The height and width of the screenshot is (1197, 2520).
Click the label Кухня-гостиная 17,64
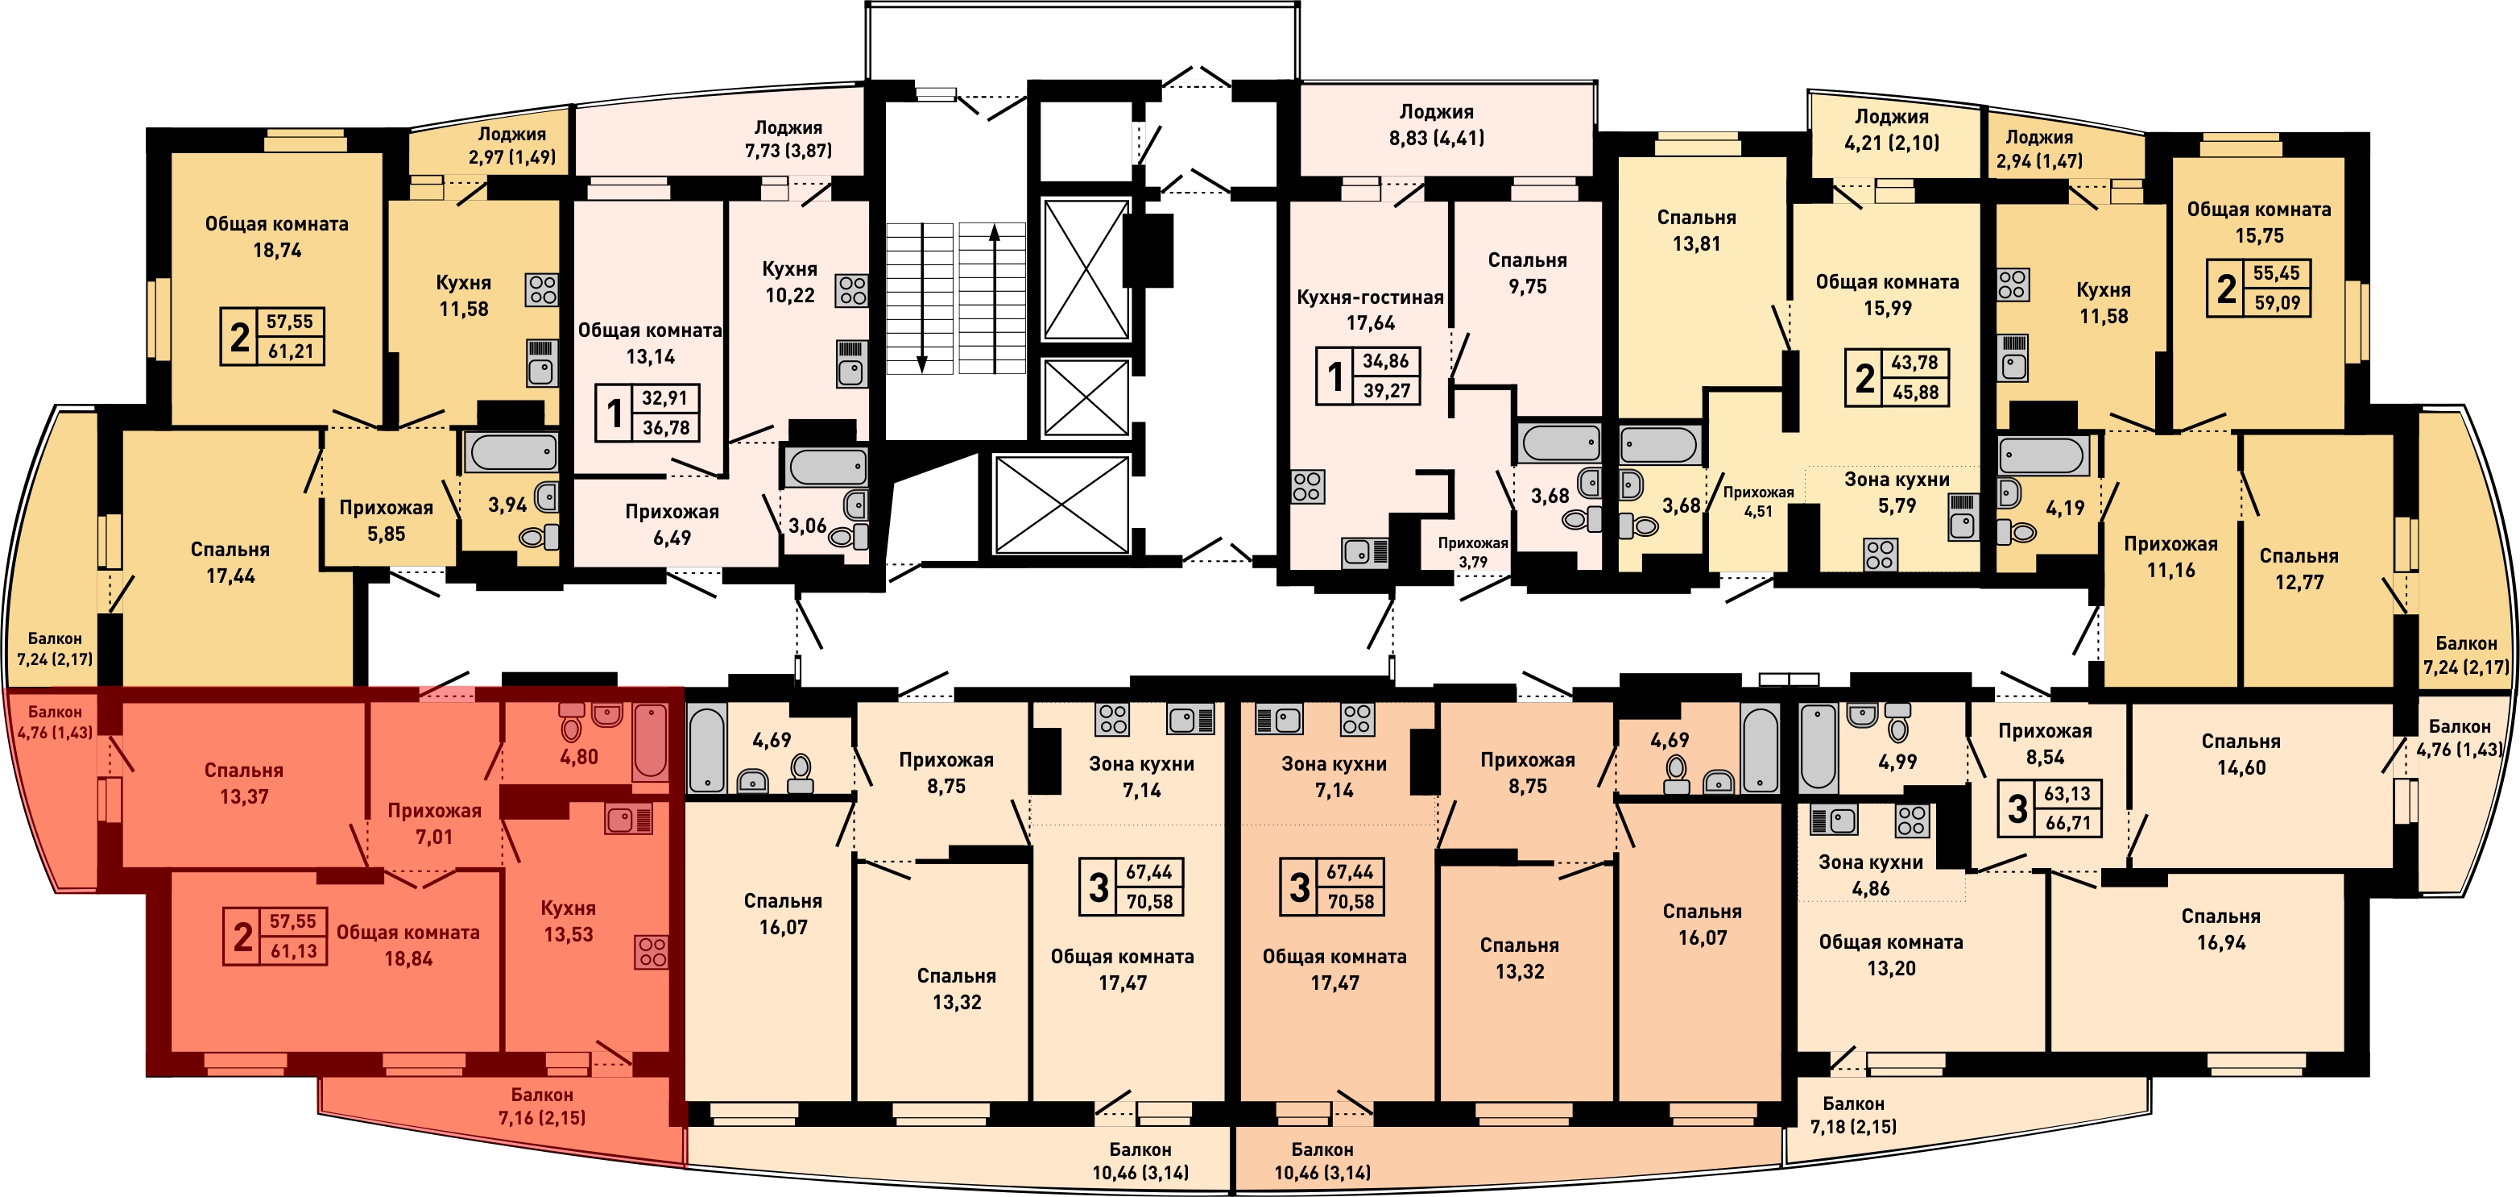(1370, 310)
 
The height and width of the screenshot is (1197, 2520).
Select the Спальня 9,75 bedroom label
(1527, 273)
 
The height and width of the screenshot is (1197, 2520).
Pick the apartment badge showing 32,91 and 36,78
(647, 413)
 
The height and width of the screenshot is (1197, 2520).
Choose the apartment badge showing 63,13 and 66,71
(2050, 808)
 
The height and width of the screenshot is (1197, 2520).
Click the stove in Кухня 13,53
(652, 951)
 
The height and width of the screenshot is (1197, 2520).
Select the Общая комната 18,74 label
(277, 237)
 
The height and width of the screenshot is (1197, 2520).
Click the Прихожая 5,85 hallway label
(386, 521)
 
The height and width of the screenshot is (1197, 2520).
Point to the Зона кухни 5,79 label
(1897, 493)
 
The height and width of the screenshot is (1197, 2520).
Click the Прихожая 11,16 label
(2170, 557)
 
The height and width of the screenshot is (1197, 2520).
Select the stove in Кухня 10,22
(851, 291)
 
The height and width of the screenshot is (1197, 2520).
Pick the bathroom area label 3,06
(807, 526)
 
